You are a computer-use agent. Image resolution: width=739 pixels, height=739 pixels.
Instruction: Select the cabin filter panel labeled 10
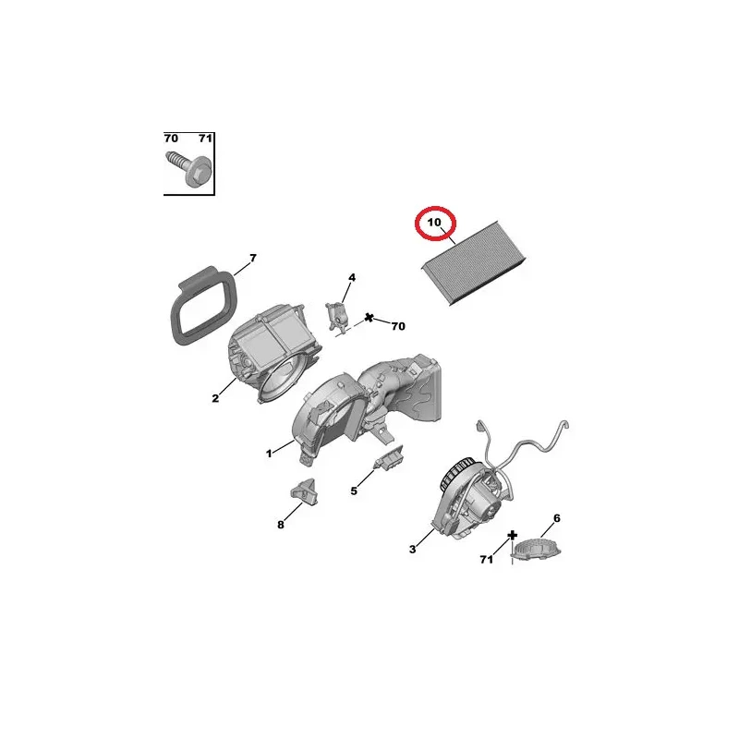click(473, 263)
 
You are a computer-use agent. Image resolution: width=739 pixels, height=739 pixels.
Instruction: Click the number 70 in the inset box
click(171, 138)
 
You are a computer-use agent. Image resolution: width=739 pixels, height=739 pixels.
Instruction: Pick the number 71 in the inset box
click(205, 138)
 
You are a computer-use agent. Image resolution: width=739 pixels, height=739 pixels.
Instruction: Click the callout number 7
click(253, 258)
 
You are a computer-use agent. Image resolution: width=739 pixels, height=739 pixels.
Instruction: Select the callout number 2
click(215, 398)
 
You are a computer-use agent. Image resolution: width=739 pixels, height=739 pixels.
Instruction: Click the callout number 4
click(352, 278)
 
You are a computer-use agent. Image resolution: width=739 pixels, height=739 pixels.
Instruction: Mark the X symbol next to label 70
click(369, 318)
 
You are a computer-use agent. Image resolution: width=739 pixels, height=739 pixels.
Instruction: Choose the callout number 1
click(269, 454)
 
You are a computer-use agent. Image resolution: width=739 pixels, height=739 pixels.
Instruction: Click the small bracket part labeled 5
click(389, 457)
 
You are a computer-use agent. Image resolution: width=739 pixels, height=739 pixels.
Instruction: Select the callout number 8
click(281, 525)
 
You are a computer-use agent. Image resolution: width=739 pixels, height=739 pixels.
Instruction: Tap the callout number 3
click(412, 549)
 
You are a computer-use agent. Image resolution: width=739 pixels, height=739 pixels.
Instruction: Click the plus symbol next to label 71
click(513, 536)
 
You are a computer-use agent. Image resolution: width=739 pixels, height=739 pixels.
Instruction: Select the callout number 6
click(557, 518)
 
